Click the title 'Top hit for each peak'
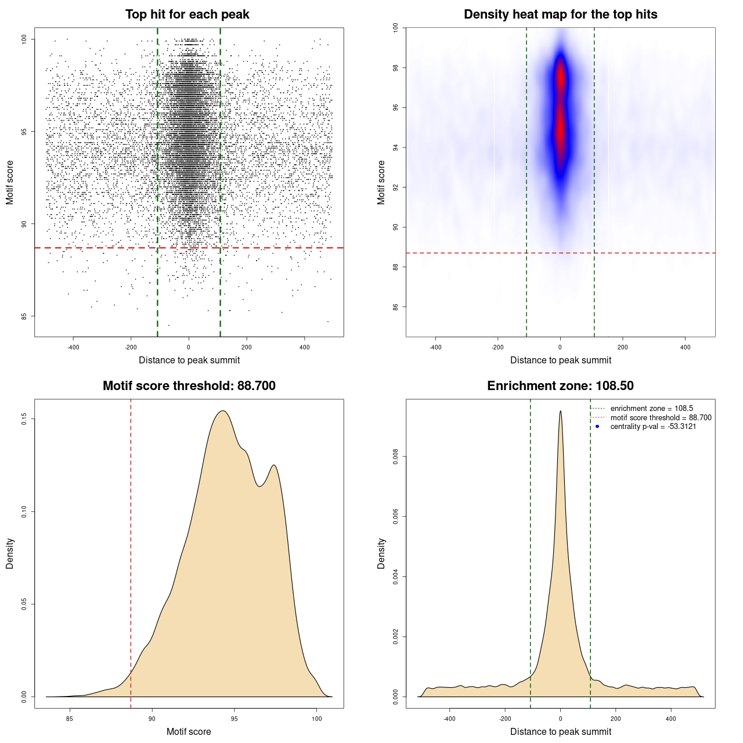point(187,15)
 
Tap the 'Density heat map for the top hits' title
point(560,15)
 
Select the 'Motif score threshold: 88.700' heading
point(189,386)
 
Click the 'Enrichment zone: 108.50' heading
point(560,386)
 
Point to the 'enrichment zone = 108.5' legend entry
point(651,409)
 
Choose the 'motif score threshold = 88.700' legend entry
point(661,418)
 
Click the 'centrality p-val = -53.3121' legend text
point(653,427)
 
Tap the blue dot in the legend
point(597,427)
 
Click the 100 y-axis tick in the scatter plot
point(24,39)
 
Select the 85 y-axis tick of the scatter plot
point(24,316)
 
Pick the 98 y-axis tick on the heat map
point(396,68)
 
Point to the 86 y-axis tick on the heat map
point(396,306)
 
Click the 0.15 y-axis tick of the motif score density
point(24,419)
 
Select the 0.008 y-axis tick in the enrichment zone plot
point(396,457)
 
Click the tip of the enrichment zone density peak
point(560,411)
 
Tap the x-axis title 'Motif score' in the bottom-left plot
point(189,731)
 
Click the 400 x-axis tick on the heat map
point(686,347)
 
